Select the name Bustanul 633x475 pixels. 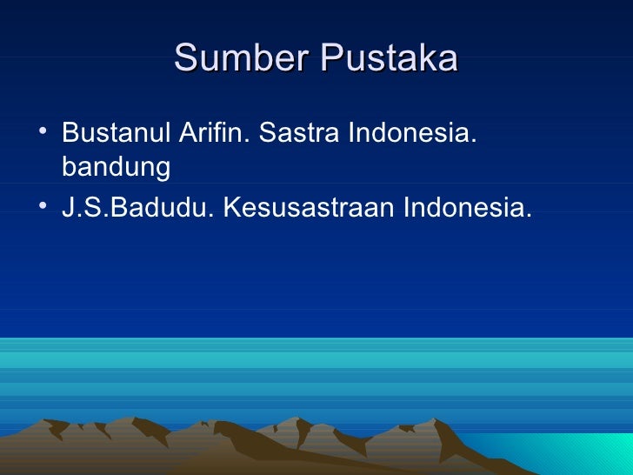[117, 136]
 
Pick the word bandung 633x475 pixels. [116, 167]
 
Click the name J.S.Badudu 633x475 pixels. [136, 209]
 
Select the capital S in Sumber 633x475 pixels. [185, 58]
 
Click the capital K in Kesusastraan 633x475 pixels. [230, 209]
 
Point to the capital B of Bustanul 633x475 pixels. [70, 136]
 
